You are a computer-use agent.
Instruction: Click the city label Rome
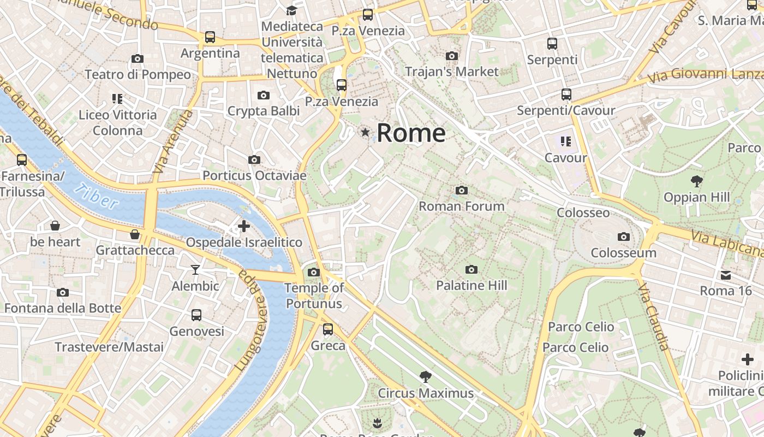pos(411,133)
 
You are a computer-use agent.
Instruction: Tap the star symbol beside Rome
pos(365,132)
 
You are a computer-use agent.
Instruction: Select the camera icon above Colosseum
pos(623,237)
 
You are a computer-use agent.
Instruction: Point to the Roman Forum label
pos(461,206)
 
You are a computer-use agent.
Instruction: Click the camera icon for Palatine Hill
pos(471,269)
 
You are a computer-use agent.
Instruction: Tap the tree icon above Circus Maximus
pos(426,376)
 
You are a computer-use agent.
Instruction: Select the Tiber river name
pos(97,196)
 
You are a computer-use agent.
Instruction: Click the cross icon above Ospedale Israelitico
pos(244,226)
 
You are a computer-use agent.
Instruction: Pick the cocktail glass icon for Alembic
pos(195,269)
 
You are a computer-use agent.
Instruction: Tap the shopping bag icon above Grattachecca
pos(135,234)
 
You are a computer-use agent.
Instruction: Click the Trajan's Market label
pos(451,72)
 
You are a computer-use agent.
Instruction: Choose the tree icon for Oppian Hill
pos(696,181)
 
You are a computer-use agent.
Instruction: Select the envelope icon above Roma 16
pos(726,275)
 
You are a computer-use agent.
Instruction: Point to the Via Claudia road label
pos(653,316)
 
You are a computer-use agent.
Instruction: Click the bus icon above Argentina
pos(210,37)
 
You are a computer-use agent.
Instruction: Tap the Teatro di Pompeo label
pos(138,74)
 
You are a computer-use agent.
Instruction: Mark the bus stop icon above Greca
pos(328,329)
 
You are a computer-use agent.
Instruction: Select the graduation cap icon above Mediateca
pos(292,10)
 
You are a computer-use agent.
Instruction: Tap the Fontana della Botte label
pos(63,308)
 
